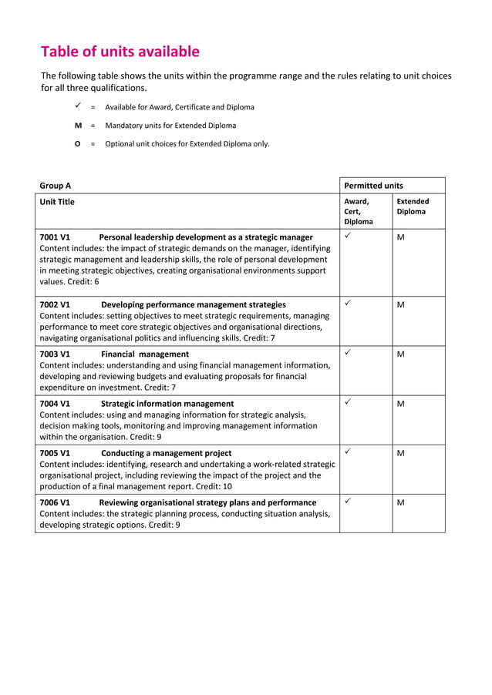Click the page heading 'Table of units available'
tap(120, 52)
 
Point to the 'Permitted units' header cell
tap(373, 186)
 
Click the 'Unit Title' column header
tap(57, 202)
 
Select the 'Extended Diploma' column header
tap(413, 206)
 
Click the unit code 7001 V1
tap(55, 237)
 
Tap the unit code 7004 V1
tap(55, 404)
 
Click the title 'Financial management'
tap(145, 354)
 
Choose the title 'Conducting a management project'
tap(166, 453)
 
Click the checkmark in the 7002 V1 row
tap(349, 304)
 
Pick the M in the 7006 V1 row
tap(400, 503)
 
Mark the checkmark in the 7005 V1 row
tap(349, 452)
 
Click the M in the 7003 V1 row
tap(400, 354)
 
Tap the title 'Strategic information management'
tap(167, 404)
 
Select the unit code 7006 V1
tap(55, 502)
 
